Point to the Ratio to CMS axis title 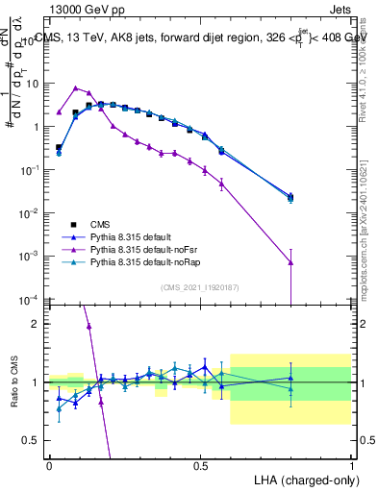click(x=13, y=381)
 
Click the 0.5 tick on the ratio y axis click(x=33, y=440)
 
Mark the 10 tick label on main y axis click(x=31, y=83)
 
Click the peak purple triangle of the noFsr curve click(x=75, y=87)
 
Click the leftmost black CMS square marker click(x=59, y=148)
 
